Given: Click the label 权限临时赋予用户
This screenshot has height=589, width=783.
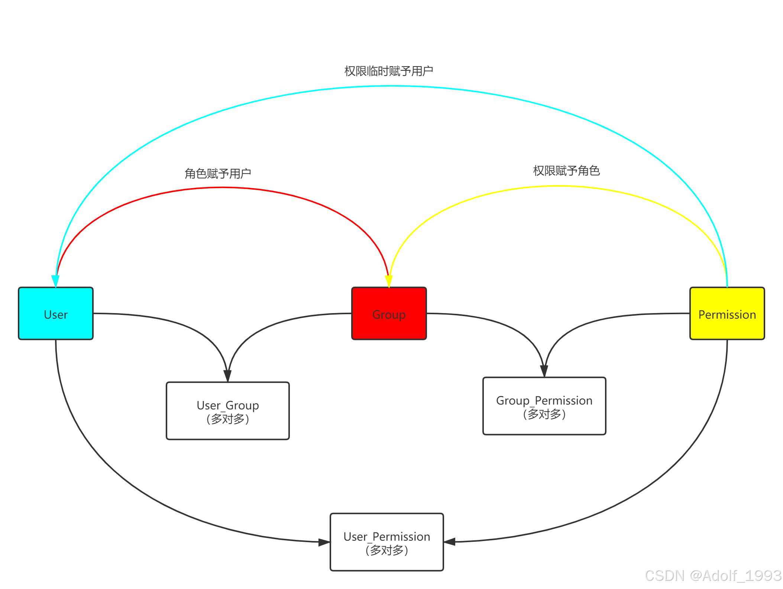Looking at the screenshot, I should [x=389, y=71].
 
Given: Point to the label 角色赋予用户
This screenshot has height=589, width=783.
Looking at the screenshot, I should [x=218, y=173].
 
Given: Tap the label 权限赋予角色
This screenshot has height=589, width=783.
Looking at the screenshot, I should [x=566, y=171].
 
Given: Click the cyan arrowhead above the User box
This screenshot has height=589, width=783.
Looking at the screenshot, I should [x=55, y=281].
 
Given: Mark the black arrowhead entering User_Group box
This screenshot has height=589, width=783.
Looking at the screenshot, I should [x=227, y=376].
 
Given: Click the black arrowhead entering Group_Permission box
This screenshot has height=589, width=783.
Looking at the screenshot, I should [x=544, y=371].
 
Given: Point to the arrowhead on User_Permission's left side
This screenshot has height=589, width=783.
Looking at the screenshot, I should [x=324, y=542].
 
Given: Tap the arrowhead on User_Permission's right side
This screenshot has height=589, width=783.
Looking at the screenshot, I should [x=450, y=542].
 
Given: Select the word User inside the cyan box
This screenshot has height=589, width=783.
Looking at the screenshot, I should [x=56, y=315].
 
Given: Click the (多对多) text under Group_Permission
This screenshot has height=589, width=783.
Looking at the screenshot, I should [x=544, y=414].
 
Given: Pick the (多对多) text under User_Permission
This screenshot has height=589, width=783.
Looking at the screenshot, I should [x=386, y=550].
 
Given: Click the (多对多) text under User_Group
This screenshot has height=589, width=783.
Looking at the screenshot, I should [x=227, y=419].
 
